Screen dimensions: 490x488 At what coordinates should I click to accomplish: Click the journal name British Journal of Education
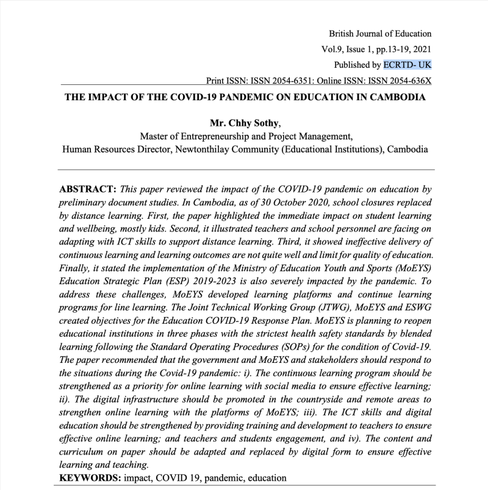click(380, 34)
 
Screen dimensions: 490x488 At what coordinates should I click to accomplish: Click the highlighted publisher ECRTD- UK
click(407, 64)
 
